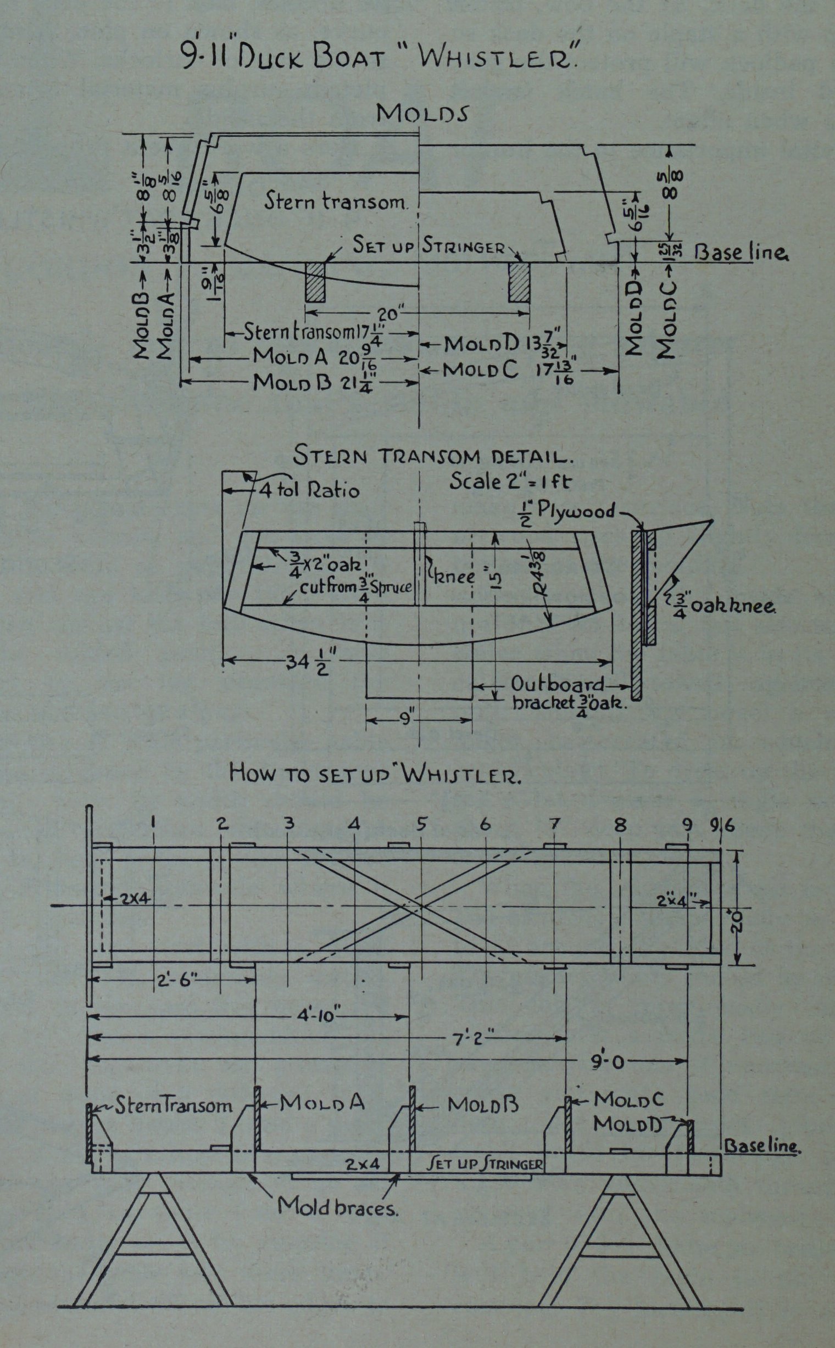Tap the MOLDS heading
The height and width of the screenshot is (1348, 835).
point(422,113)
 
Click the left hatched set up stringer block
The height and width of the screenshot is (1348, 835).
point(315,282)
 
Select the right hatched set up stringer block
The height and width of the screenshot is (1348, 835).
point(519,282)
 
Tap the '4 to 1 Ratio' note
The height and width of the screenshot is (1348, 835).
point(309,490)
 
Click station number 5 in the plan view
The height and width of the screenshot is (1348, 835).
point(421,825)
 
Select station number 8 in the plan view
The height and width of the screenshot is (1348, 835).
point(620,825)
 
